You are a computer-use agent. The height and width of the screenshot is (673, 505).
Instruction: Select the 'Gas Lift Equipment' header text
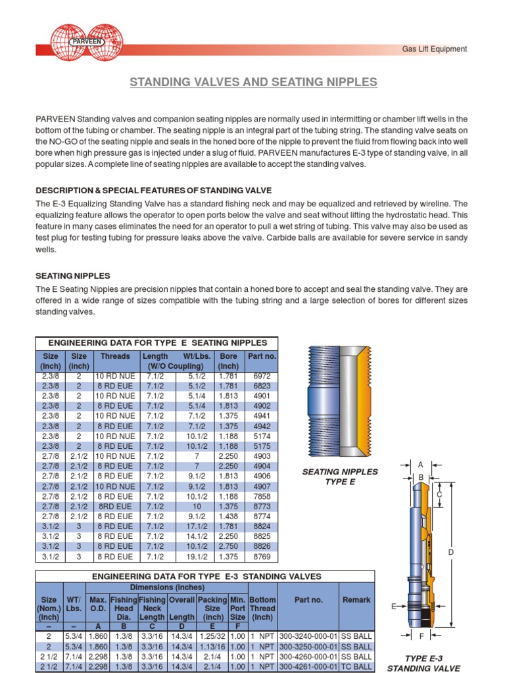click(434, 49)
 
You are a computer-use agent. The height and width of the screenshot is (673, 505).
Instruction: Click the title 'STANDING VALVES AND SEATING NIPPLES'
click(253, 82)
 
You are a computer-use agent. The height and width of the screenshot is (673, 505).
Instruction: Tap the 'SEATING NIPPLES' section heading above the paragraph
click(72, 276)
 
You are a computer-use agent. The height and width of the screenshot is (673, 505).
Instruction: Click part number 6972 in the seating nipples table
click(261, 376)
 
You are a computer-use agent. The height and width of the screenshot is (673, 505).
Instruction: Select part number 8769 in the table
click(261, 557)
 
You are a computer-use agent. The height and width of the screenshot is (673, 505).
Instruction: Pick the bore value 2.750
click(228, 546)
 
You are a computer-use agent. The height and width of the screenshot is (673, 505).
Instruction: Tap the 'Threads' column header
click(115, 356)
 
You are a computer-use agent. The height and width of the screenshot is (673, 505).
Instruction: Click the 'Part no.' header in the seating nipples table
click(261, 356)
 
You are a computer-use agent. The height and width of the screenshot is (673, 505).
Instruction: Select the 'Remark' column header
click(356, 599)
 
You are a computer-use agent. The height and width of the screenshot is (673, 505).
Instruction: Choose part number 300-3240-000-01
click(308, 637)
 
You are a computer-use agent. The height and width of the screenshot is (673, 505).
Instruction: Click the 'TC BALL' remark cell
click(356, 666)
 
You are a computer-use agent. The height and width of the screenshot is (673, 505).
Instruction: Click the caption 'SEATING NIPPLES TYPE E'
click(339, 476)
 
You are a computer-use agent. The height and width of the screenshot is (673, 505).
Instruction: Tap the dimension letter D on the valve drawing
click(451, 553)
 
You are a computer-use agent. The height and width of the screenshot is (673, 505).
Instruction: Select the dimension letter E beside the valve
click(394, 607)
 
